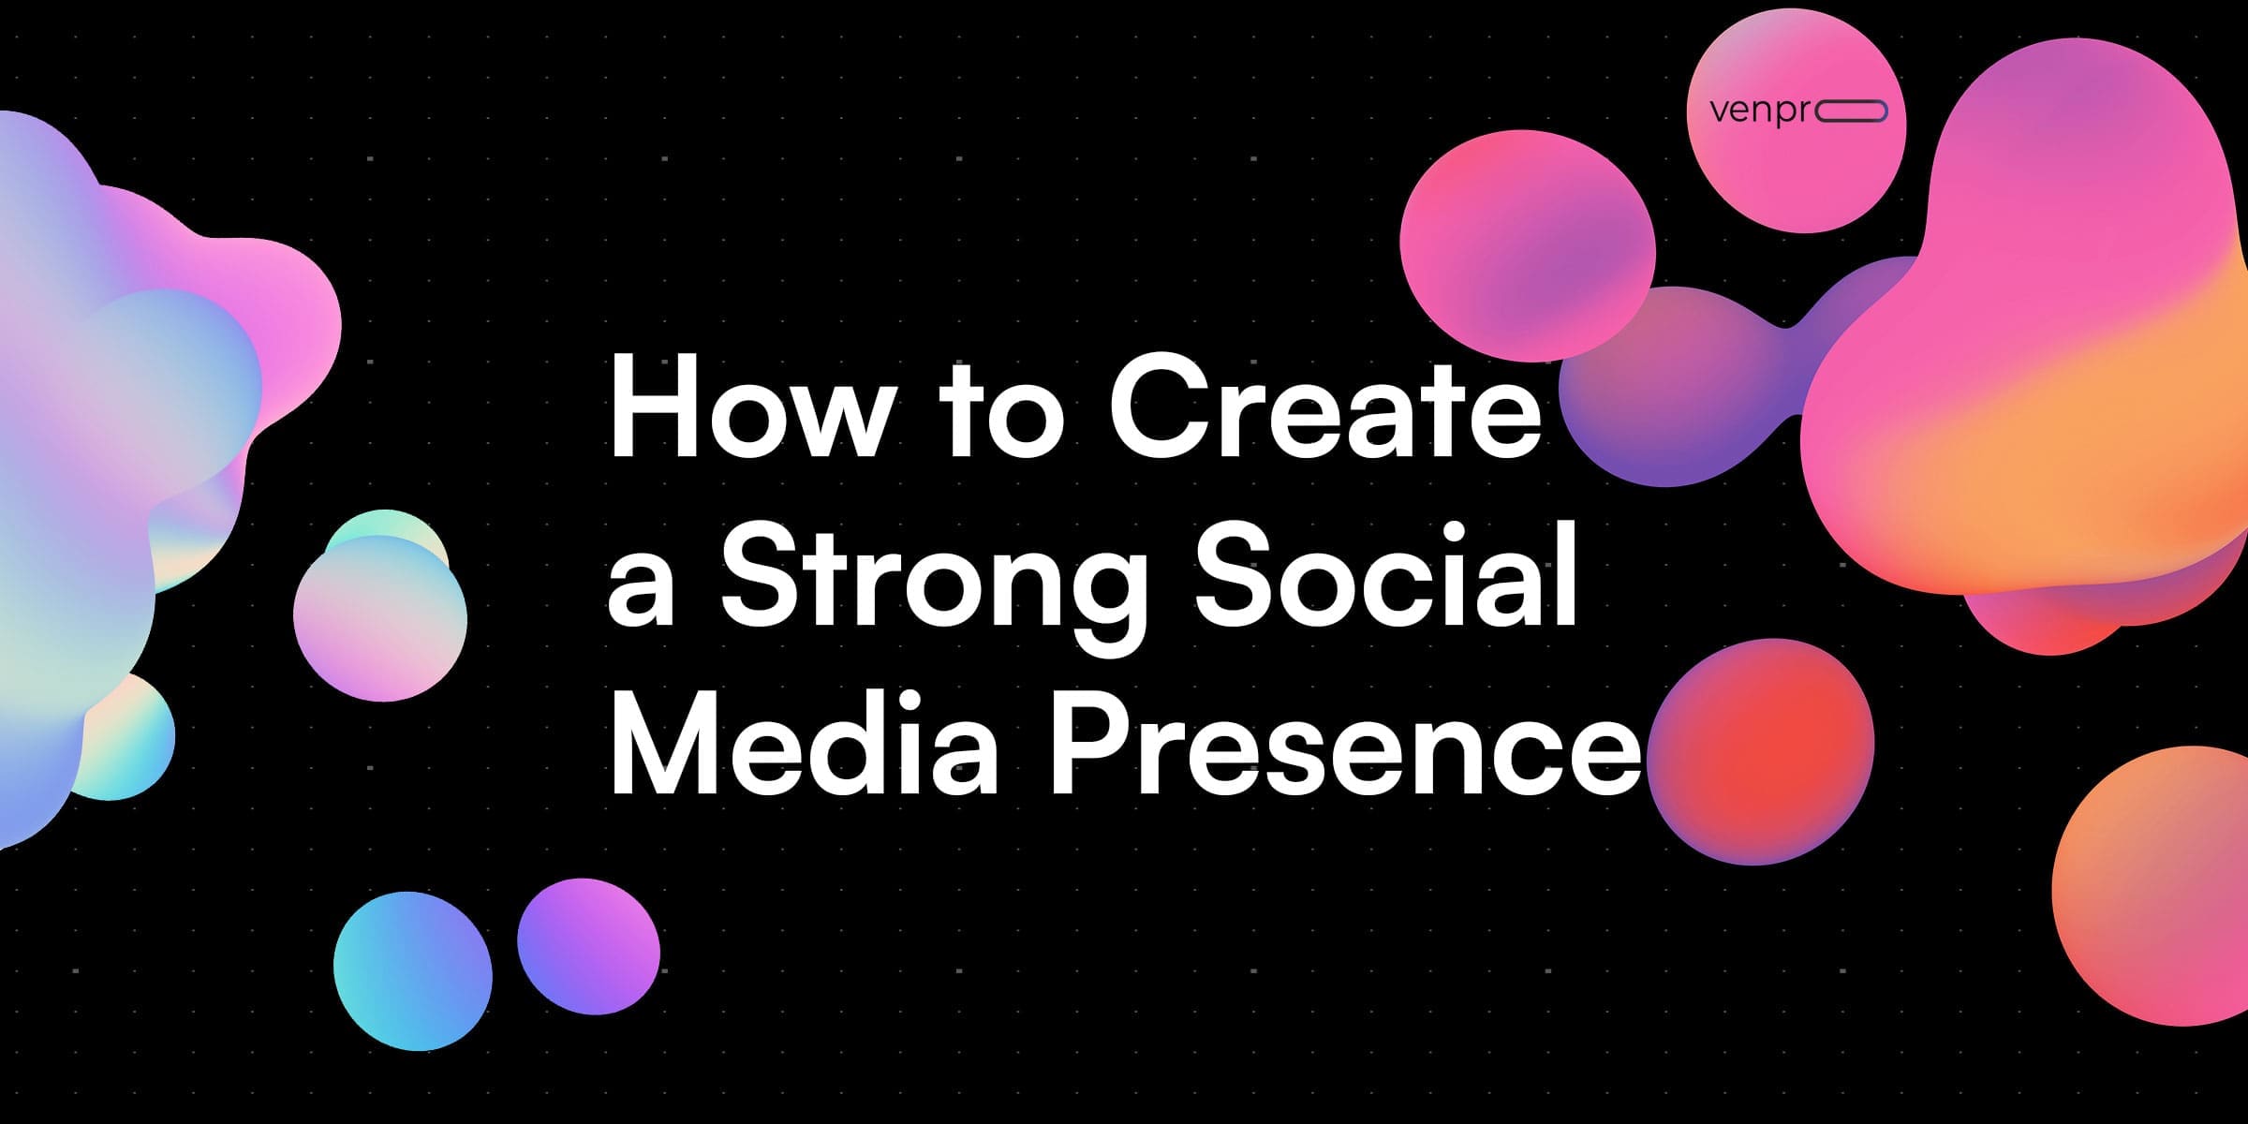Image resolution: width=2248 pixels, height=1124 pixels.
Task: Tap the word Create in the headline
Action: point(1324,408)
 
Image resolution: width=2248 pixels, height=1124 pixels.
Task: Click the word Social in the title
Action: point(1386,576)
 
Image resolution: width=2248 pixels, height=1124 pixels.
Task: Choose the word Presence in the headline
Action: point(1344,745)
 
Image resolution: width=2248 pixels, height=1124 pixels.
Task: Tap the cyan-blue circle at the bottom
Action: point(412,970)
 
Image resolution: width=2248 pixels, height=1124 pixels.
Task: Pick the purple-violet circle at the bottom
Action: point(588,946)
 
